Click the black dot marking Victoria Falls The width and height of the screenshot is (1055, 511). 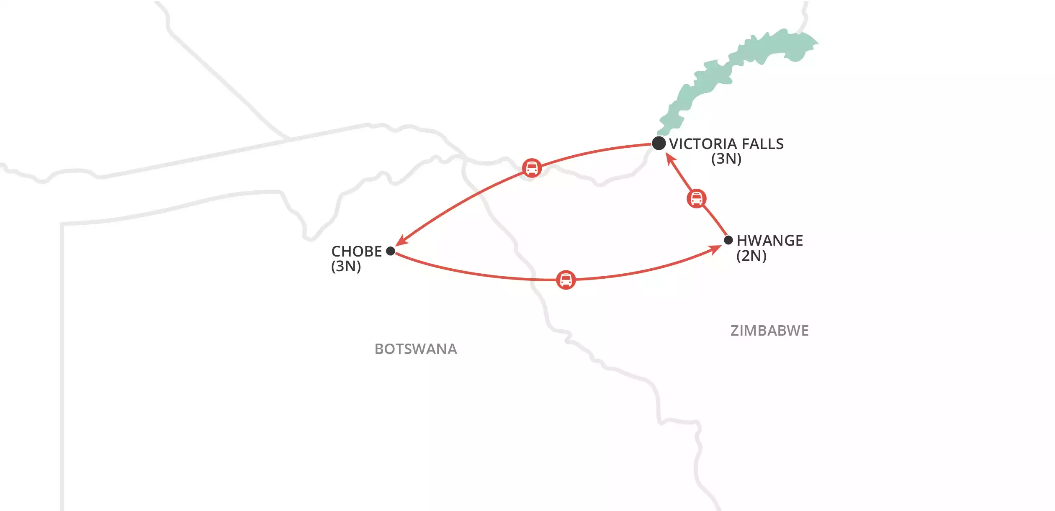pyautogui.click(x=659, y=143)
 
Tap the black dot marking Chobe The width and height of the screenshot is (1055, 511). pyautogui.click(x=390, y=251)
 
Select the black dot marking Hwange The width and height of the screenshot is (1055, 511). pyautogui.click(x=728, y=240)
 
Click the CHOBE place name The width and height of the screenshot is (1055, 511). pyautogui.click(x=357, y=252)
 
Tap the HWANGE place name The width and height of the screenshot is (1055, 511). pyautogui.click(x=769, y=241)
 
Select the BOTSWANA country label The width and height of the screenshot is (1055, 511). pyautogui.click(x=415, y=349)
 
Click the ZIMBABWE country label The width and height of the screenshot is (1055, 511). pyautogui.click(x=769, y=331)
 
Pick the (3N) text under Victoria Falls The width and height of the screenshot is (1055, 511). pyautogui.click(x=726, y=159)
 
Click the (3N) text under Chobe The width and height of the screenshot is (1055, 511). pyautogui.click(x=346, y=266)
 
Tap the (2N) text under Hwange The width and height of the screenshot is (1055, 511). pyautogui.click(x=751, y=256)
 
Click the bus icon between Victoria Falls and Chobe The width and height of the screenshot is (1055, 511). pyautogui.click(x=532, y=168)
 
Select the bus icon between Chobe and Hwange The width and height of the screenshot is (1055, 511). pyautogui.click(x=566, y=280)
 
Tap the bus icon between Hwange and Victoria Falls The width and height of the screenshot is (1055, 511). pyautogui.click(x=697, y=199)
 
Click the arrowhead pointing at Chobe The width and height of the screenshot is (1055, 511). pyautogui.click(x=401, y=241)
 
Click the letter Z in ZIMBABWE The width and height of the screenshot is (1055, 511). pyautogui.click(x=735, y=331)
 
